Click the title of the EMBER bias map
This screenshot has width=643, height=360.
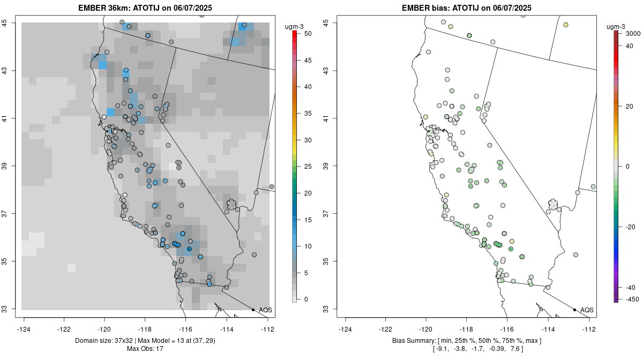tap(467, 7)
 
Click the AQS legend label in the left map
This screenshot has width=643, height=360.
tap(265, 310)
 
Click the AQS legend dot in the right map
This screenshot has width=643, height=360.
tap(574, 310)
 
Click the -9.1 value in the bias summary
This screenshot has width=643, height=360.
tap(441, 349)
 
